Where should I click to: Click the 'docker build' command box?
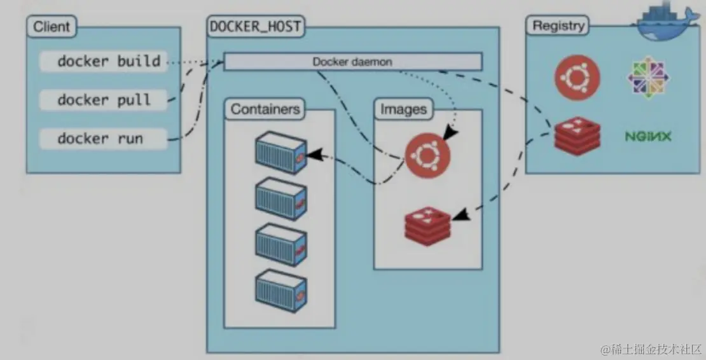(102, 62)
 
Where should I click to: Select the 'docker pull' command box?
(102, 100)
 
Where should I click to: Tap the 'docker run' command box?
(102, 139)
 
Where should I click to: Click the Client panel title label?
(52, 27)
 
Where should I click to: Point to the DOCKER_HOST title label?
(256, 27)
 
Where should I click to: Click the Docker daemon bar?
(352, 62)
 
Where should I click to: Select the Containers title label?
(265, 109)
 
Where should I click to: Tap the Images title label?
(403, 109)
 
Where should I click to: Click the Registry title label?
(558, 26)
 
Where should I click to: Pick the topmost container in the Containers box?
(280, 153)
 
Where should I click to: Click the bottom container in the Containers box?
(280, 289)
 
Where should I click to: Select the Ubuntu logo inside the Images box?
(427, 156)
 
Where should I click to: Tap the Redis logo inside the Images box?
(427, 224)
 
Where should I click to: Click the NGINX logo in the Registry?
(648, 136)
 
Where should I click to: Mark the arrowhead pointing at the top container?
(312, 155)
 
